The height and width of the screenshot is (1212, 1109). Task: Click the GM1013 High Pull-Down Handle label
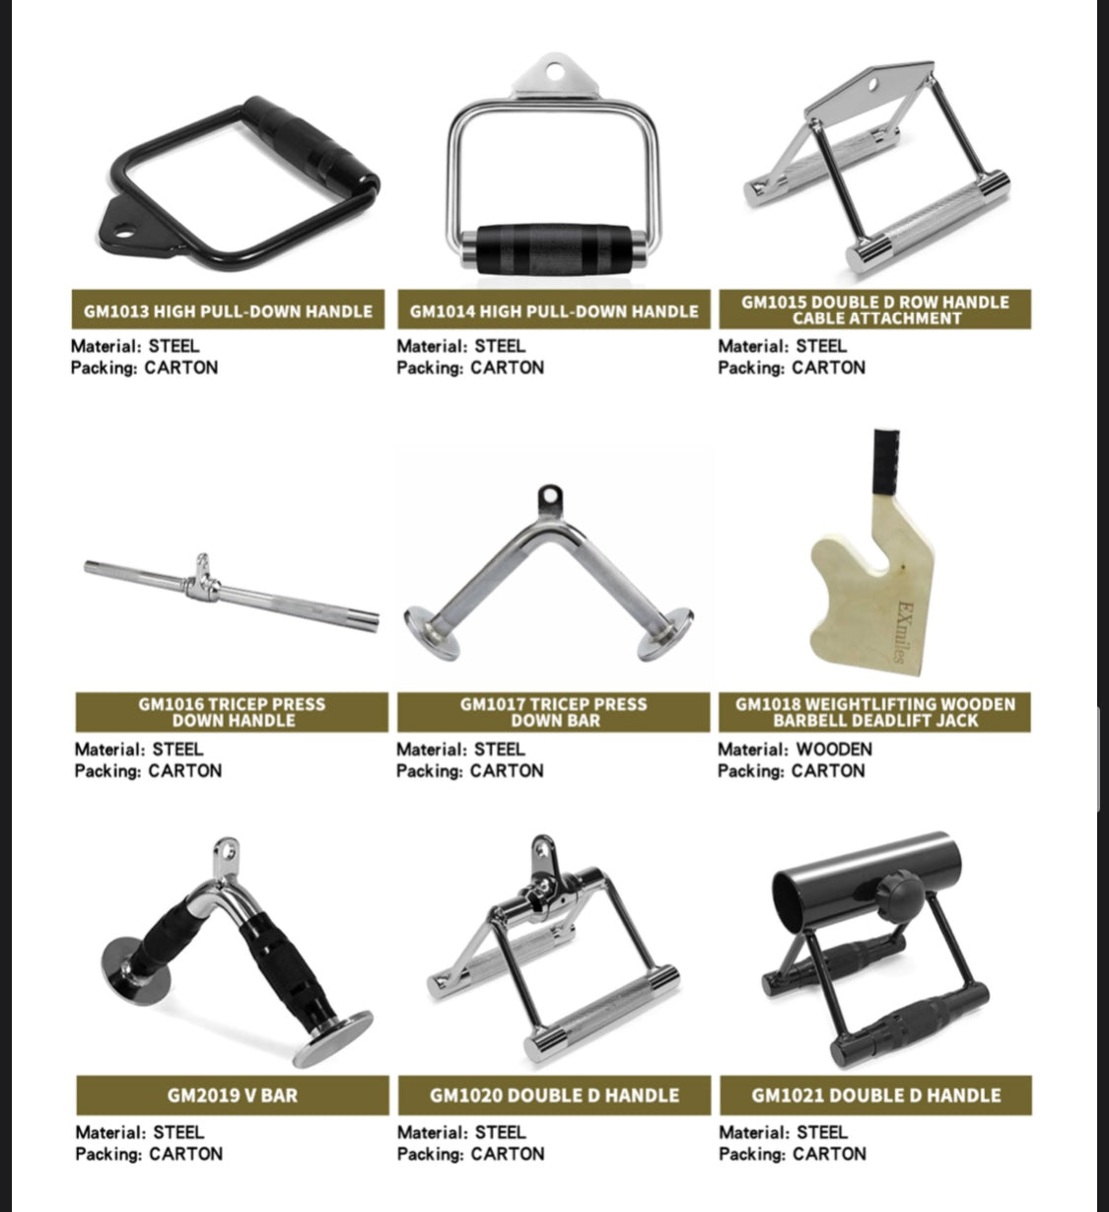click(228, 311)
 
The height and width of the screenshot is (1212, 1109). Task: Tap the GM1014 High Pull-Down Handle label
click(554, 311)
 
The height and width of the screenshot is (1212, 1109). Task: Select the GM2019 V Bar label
click(233, 1096)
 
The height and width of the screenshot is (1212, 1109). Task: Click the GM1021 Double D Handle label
click(875, 1096)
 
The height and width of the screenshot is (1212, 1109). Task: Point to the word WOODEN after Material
click(834, 749)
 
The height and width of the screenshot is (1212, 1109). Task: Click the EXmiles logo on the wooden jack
click(903, 631)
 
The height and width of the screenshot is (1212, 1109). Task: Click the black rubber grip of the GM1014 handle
click(553, 249)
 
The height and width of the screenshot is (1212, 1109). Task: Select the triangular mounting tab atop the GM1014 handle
click(554, 75)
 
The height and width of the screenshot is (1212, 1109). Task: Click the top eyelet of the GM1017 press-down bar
click(550, 498)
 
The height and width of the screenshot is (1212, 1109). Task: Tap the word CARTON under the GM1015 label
click(828, 367)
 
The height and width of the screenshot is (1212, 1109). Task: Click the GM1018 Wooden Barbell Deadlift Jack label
click(875, 712)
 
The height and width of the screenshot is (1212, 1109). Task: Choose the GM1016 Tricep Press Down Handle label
click(232, 712)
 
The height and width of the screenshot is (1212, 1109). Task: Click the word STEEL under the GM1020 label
click(500, 1132)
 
